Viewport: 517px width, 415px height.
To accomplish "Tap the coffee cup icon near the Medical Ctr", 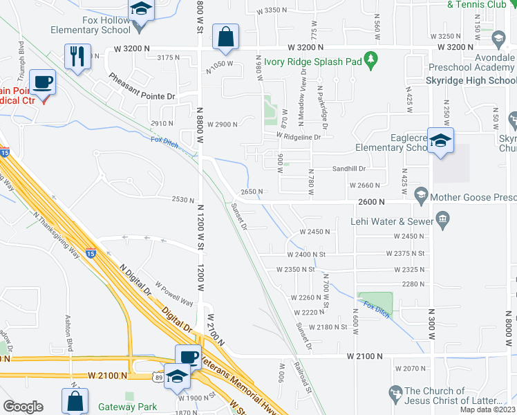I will click(43, 82).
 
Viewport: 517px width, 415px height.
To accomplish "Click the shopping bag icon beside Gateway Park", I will click(75, 400).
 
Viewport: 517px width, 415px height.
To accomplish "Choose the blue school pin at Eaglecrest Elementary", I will click(440, 140).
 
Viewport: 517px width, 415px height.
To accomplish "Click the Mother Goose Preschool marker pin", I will click(421, 198).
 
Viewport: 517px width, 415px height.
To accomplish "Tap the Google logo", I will click(23, 407).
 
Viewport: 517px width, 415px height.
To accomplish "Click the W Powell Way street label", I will click(173, 293).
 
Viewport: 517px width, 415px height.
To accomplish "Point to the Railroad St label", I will click(303, 377).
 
